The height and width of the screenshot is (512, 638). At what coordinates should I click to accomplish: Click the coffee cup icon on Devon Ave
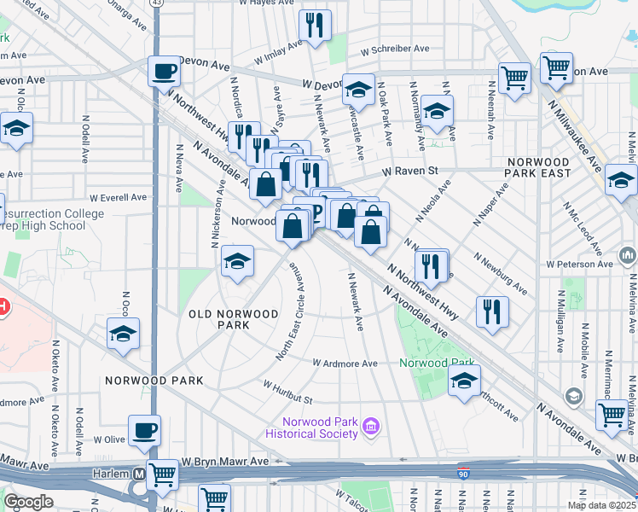pyautogui.click(x=164, y=71)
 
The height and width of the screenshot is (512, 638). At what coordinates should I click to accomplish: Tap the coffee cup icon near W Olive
pyautogui.click(x=144, y=429)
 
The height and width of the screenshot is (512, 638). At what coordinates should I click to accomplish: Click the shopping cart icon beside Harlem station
pyautogui.click(x=161, y=474)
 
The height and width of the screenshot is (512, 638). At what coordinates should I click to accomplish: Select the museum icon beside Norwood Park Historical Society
pyautogui.click(x=370, y=425)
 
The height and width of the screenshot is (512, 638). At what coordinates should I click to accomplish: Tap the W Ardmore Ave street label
pyautogui.click(x=345, y=364)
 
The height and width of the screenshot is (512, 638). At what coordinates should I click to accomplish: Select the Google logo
pyautogui.click(x=28, y=502)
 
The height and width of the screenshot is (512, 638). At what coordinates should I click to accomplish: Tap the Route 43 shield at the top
pyautogui.click(x=155, y=3)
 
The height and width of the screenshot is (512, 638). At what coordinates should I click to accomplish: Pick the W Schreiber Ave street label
pyautogui.click(x=394, y=49)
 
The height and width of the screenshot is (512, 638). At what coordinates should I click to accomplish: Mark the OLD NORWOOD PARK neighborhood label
pyautogui.click(x=233, y=319)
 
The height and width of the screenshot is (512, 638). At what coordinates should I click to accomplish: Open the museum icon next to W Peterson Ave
pyautogui.click(x=628, y=254)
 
